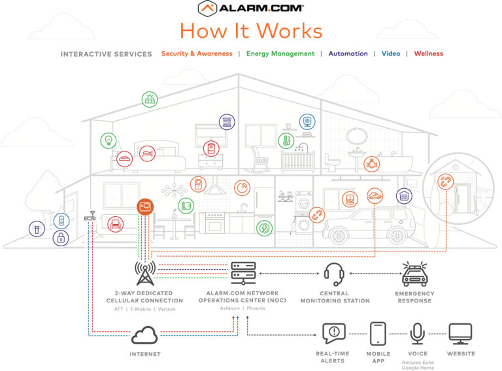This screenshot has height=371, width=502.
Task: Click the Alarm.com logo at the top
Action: click(x=250, y=8)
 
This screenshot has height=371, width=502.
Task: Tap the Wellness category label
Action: click(x=428, y=54)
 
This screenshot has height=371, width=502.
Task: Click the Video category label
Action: click(x=391, y=54)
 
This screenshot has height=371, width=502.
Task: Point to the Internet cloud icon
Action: click(x=144, y=336)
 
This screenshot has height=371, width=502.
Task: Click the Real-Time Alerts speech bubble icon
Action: click(x=333, y=333)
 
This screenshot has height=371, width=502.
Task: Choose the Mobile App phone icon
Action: click(x=378, y=333)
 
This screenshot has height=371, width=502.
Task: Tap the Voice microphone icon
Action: click(x=418, y=333)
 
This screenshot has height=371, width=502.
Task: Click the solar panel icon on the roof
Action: click(x=150, y=99)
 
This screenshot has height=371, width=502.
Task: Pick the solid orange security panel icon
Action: click(x=144, y=208)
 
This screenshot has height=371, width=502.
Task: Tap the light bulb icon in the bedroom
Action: click(x=107, y=140)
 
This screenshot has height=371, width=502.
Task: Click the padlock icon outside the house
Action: click(x=61, y=238)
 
